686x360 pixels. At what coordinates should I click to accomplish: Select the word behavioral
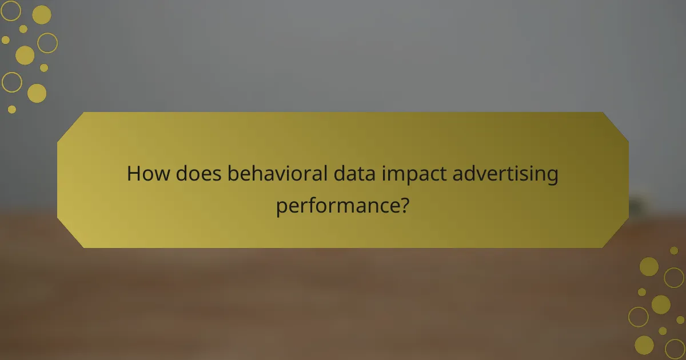pos(279,174)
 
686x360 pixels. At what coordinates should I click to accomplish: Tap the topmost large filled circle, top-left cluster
pos(42,15)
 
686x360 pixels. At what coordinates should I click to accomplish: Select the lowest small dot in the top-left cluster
pos(12,109)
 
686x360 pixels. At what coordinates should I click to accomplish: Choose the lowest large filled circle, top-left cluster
pos(37,93)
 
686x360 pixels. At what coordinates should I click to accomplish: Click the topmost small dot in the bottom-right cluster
pos(674,250)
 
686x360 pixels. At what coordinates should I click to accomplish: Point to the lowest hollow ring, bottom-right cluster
pos(675,348)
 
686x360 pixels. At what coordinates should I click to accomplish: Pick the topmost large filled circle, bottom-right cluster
pos(649,266)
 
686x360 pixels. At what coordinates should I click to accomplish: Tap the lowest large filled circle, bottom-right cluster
pos(644,345)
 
